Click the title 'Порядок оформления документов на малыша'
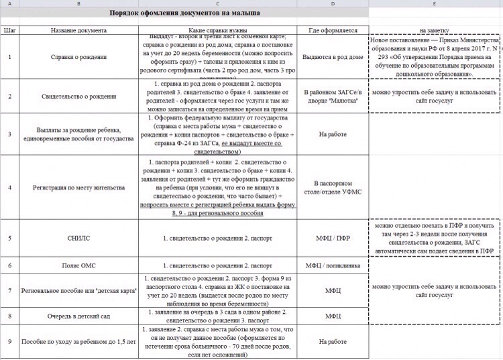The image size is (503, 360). (185, 13)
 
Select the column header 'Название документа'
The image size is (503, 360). (78, 30)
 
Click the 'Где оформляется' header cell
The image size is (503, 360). (333, 30)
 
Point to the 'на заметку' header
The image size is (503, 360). (435, 30)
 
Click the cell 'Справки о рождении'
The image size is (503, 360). (78, 56)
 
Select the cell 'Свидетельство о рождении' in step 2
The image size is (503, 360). (78, 97)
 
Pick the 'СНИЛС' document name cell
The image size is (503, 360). (78, 238)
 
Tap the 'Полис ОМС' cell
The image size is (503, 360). (78, 265)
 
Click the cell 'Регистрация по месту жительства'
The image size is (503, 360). (78, 187)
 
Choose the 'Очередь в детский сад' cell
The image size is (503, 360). (78, 315)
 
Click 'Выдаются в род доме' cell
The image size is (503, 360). (333, 56)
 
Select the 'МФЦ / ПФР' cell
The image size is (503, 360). (333, 238)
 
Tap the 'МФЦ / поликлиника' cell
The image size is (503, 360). (333, 265)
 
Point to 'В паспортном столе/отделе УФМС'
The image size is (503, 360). (333, 187)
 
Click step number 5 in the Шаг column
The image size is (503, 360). (9, 238)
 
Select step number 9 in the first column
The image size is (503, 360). (9, 341)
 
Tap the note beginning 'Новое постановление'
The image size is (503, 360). (435, 56)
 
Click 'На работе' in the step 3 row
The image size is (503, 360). (333, 134)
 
